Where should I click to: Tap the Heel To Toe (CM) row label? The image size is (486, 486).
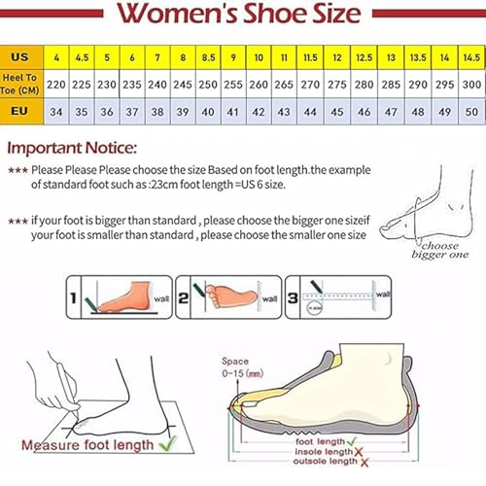click(x=20, y=85)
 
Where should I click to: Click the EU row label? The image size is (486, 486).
click(x=20, y=111)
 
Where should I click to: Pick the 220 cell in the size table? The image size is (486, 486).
click(x=56, y=85)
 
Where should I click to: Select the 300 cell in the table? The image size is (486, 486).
click(x=470, y=85)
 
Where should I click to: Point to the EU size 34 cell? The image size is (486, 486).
click(x=56, y=111)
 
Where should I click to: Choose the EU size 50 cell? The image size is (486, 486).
click(x=470, y=111)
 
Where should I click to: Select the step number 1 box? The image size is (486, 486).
click(x=74, y=291)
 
